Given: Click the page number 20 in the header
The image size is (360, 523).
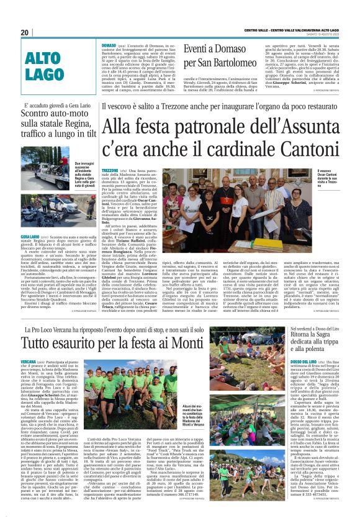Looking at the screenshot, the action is point(25,32).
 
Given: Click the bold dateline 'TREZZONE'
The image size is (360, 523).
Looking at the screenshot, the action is point(110,170).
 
